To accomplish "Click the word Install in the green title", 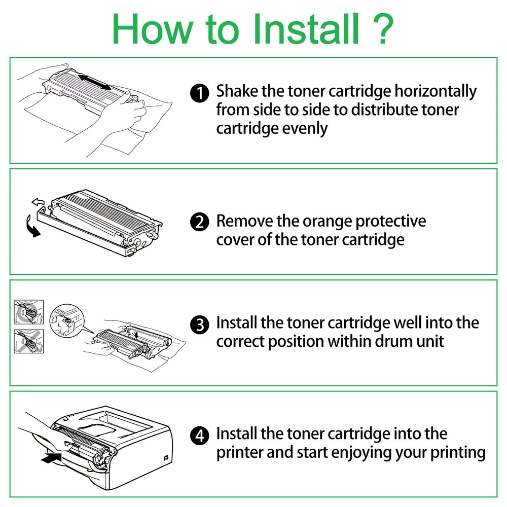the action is click(x=306, y=29).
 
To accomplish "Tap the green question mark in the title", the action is click(x=383, y=29).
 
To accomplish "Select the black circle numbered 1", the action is click(x=199, y=93).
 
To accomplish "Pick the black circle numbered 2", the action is click(x=199, y=222).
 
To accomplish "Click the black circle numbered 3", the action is click(x=199, y=324).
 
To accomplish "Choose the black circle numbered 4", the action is click(x=199, y=435).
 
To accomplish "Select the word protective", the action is click(x=390, y=222).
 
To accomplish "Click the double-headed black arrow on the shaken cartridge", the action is click(x=94, y=82).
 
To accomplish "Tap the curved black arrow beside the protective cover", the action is click(x=31, y=227).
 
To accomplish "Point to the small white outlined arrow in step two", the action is click(x=38, y=202).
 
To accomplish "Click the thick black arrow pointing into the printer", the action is click(x=52, y=458).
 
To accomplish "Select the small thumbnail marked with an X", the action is click(x=29, y=341).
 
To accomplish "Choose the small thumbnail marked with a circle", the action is click(x=29, y=312).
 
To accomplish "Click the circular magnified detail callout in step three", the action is click(x=67, y=320).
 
